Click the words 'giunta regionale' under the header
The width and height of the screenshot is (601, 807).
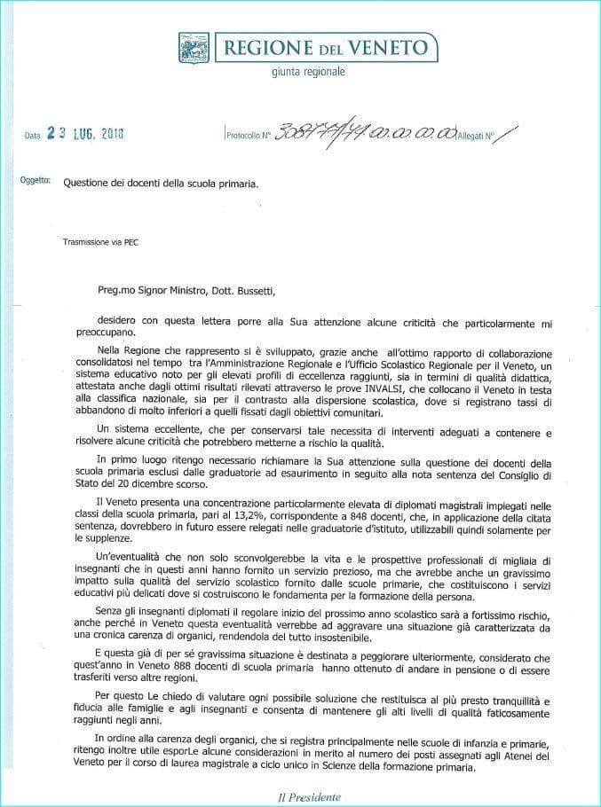(308, 73)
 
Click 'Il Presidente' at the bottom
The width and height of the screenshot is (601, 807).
(303, 796)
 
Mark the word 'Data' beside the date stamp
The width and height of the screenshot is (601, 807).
(33, 136)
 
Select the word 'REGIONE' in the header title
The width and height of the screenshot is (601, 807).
(263, 46)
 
